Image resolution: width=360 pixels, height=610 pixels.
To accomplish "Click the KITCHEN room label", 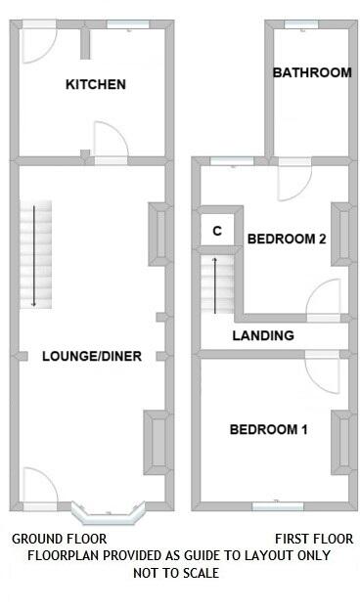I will (x=95, y=85).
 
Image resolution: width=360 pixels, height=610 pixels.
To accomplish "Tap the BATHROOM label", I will (x=311, y=72).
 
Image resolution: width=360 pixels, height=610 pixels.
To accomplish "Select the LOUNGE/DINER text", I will (x=92, y=357).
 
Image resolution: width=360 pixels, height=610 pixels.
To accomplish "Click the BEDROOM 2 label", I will (x=286, y=239).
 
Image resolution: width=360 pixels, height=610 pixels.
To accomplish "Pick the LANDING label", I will (x=262, y=335).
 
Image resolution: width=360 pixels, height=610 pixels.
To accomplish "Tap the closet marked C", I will (x=217, y=232).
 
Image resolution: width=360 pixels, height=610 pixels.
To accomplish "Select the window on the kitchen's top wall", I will (x=127, y=27).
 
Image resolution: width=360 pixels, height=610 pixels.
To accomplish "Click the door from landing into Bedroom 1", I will (x=321, y=370).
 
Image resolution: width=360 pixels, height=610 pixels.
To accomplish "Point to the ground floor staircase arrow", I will (x=34, y=254).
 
